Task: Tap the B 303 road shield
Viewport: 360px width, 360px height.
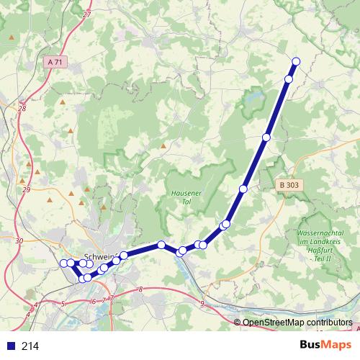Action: tap(288, 185)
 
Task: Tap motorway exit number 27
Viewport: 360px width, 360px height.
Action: tap(87, 14)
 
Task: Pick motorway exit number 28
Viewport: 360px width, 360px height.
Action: tap(21, 109)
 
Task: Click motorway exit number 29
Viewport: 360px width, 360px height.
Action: tap(26, 189)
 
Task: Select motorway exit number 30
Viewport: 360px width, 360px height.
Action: tap(19, 240)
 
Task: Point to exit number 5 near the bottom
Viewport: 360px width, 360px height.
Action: tap(63, 305)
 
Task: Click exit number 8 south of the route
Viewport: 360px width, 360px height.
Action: tap(140, 289)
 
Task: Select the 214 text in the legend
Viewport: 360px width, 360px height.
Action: tap(30, 346)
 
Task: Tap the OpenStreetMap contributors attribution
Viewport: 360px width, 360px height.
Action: tap(297, 323)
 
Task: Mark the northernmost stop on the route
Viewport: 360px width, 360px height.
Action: tap(296, 60)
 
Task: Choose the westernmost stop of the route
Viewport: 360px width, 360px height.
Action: tap(63, 264)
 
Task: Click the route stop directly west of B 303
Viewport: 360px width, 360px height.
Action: tap(266, 137)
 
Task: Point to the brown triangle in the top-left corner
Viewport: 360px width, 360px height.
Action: tap(12, 37)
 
